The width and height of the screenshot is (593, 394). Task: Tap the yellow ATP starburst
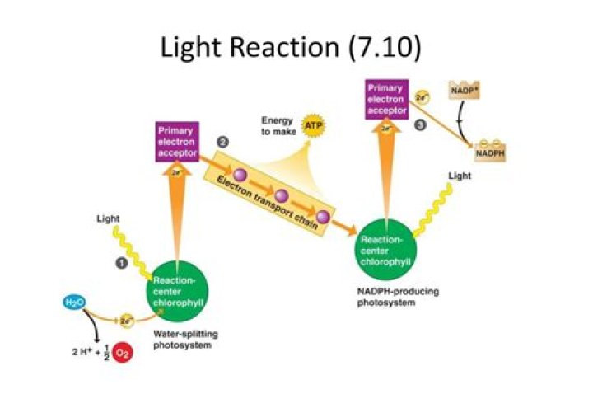(313, 125)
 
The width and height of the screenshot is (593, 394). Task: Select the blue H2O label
(73, 303)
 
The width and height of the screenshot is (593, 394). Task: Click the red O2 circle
(121, 354)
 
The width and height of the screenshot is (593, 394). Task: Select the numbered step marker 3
(420, 124)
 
